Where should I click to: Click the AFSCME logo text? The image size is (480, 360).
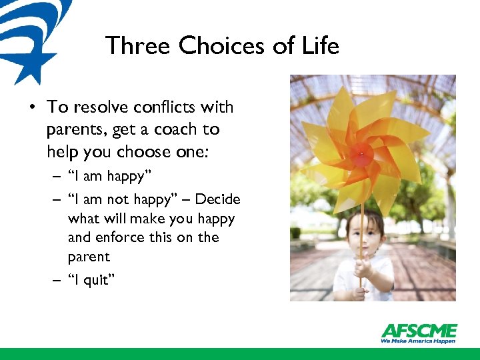pos(419,331)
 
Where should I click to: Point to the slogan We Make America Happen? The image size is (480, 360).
pos(419,341)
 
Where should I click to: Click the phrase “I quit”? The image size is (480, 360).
pos(91,281)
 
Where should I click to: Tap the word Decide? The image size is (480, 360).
pos(217,199)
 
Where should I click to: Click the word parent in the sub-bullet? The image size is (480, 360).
pos(89,257)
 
